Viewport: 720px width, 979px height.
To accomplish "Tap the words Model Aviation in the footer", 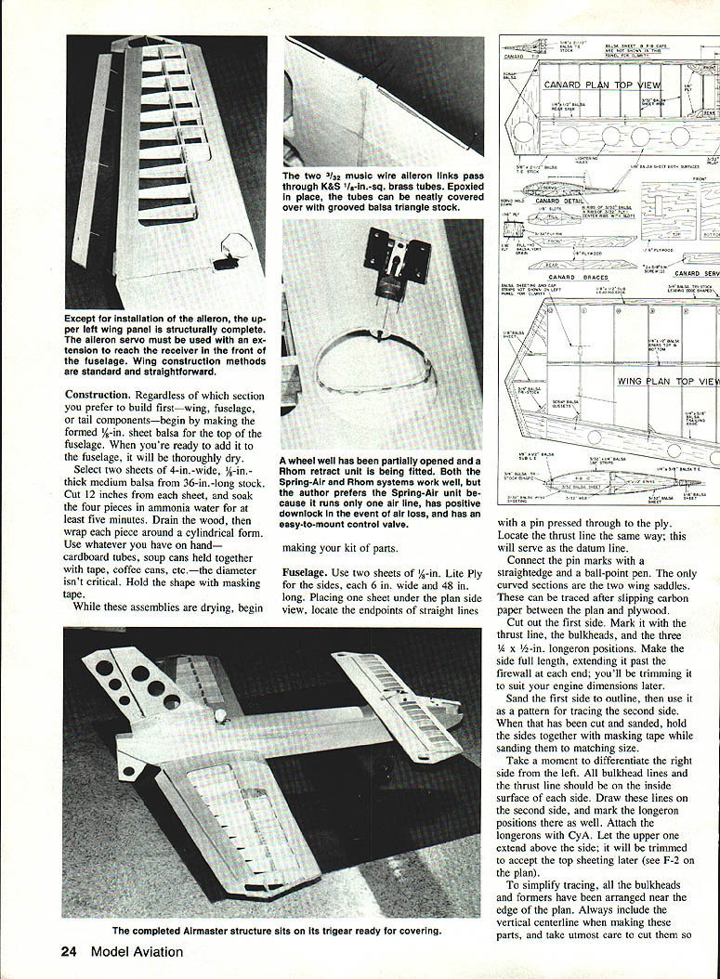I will click(137, 951).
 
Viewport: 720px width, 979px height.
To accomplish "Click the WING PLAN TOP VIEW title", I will click(667, 381).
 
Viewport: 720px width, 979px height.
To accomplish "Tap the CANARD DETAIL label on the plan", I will click(560, 201).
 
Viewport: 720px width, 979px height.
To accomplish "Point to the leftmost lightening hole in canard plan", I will click(525, 131).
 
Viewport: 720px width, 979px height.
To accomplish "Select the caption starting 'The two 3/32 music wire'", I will click(383, 197).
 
